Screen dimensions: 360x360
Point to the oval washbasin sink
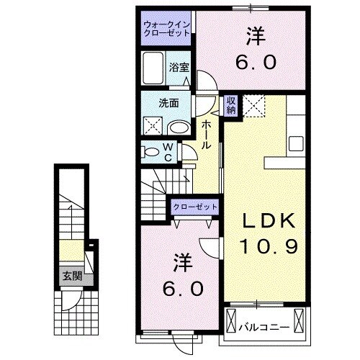[x=178, y=127]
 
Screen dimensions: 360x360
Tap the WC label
[x=168, y=152]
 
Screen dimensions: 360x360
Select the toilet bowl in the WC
[x=151, y=153]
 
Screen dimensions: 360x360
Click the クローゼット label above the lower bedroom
[x=194, y=207]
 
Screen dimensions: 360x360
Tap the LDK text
[x=266, y=221]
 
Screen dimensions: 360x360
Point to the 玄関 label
[x=71, y=276]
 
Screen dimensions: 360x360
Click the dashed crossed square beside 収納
[x=254, y=106]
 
